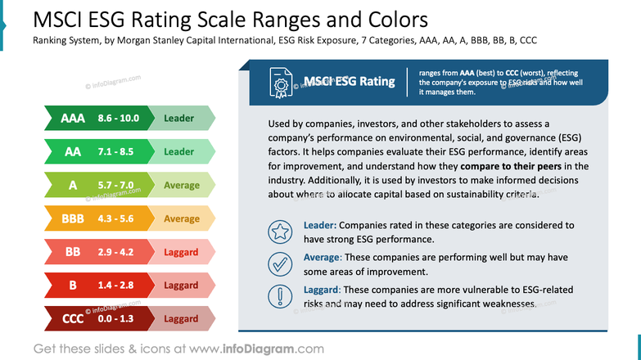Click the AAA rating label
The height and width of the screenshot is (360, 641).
[x=73, y=119]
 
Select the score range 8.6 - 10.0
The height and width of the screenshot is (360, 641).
[x=119, y=119]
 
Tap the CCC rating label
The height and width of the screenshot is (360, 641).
[x=73, y=319]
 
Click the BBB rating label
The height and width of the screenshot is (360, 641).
[x=73, y=219]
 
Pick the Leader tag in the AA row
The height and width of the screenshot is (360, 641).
[x=179, y=152]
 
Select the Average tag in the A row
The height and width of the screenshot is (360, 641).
[x=181, y=186]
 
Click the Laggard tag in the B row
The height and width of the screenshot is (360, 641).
[x=181, y=286]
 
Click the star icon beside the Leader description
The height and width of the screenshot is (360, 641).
[x=281, y=232]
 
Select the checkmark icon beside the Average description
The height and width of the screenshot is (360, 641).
[x=281, y=264]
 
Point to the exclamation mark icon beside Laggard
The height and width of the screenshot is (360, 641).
[x=281, y=296]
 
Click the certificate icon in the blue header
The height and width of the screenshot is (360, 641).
[x=282, y=82]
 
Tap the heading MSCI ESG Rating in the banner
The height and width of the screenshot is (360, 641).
[x=349, y=82]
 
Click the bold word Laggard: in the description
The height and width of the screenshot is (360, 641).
[x=322, y=290]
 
